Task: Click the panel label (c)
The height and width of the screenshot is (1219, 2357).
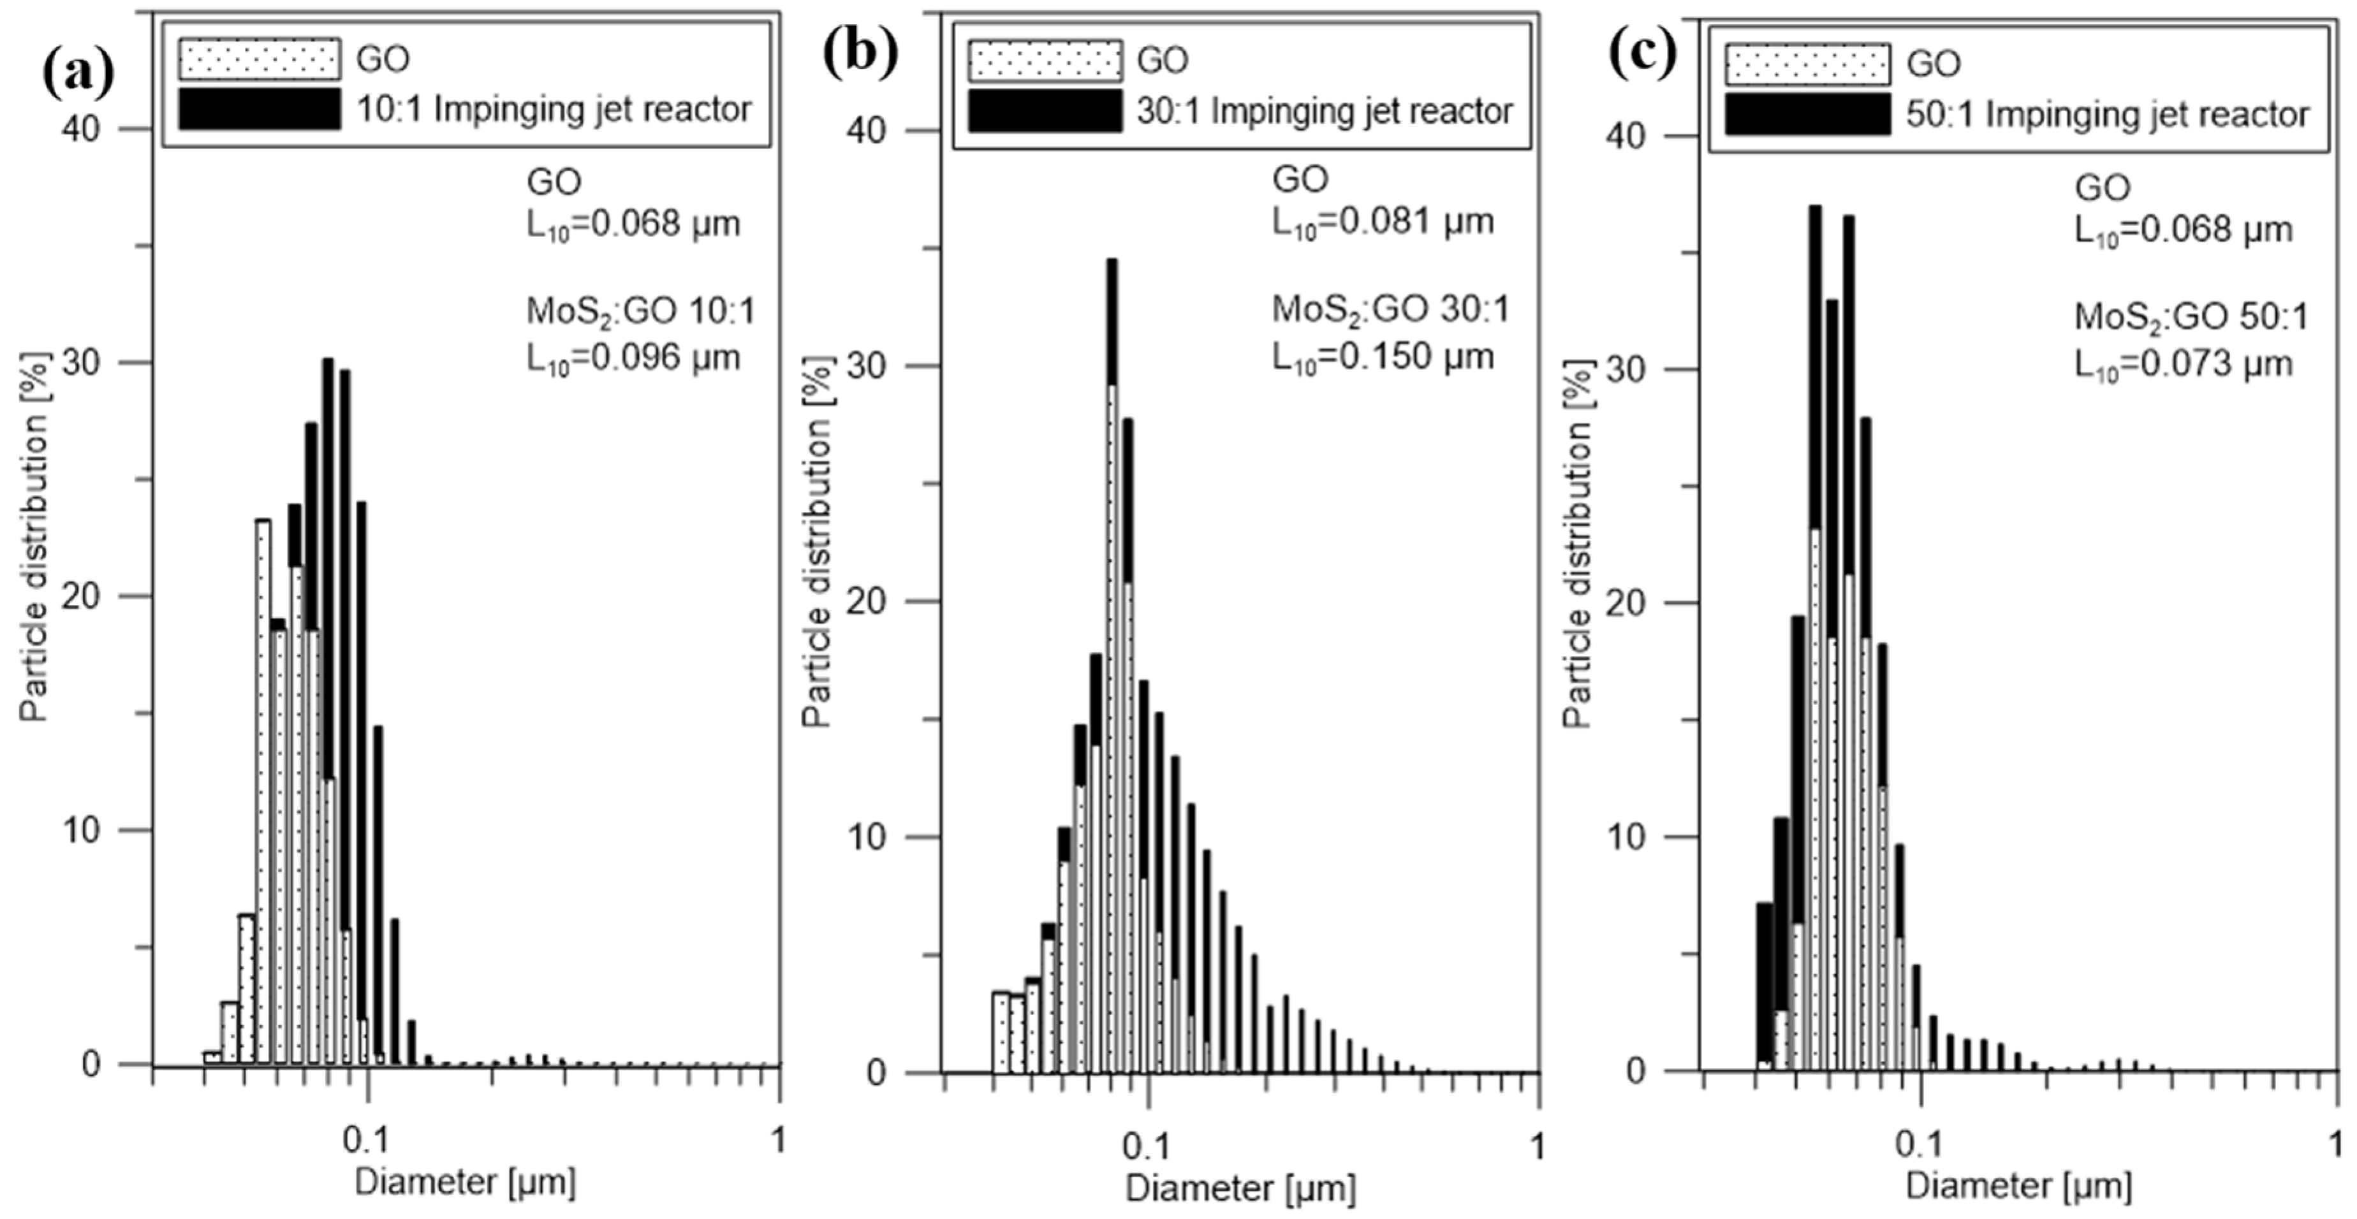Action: tap(1642, 55)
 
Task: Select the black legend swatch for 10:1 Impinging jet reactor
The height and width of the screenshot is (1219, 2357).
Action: tap(260, 110)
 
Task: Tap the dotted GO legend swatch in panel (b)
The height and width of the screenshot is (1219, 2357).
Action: tap(1045, 61)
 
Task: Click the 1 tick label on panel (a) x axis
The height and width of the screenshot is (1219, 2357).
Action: tap(779, 1139)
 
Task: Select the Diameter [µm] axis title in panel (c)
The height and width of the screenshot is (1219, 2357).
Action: tap(2018, 1186)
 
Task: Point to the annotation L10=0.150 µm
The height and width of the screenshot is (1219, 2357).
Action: tap(1383, 356)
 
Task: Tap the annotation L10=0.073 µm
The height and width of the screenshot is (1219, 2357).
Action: tap(2183, 363)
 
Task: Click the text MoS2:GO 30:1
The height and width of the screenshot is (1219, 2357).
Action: tap(1390, 310)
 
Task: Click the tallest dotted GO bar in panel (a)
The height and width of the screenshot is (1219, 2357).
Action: tap(263, 787)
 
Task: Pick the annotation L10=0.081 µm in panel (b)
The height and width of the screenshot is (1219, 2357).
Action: tap(1383, 221)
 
